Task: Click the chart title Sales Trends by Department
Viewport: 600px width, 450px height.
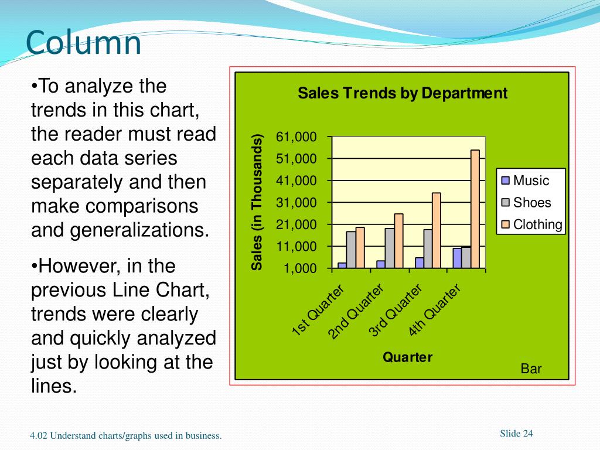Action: click(x=403, y=93)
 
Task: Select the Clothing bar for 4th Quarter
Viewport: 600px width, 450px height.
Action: click(x=475, y=209)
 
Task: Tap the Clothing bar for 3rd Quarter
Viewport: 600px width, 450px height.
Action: click(x=436, y=230)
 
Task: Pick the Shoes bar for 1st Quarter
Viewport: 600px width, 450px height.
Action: click(x=351, y=250)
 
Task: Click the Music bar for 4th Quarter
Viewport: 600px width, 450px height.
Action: click(x=457, y=258)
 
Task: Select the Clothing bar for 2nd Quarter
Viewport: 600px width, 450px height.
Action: click(x=398, y=241)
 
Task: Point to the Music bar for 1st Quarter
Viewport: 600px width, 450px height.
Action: click(x=342, y=265)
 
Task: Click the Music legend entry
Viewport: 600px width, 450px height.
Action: click(x=526, y=180)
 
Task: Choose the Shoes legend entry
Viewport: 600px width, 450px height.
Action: click(x=526, y=203)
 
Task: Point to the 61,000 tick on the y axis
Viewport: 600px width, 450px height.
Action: click(x=296, y=137)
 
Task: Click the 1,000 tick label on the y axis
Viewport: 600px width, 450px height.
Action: click(x=299, y=268)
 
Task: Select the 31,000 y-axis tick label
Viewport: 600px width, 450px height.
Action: click(x=296, y=203)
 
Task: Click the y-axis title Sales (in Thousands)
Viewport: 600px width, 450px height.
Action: click(x=257, y=202)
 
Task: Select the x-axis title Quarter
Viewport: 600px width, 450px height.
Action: click(x=408, y=357)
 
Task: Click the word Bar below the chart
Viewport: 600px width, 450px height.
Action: click(x=531, y=369)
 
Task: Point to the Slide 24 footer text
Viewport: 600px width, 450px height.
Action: click(x=516, y=434)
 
